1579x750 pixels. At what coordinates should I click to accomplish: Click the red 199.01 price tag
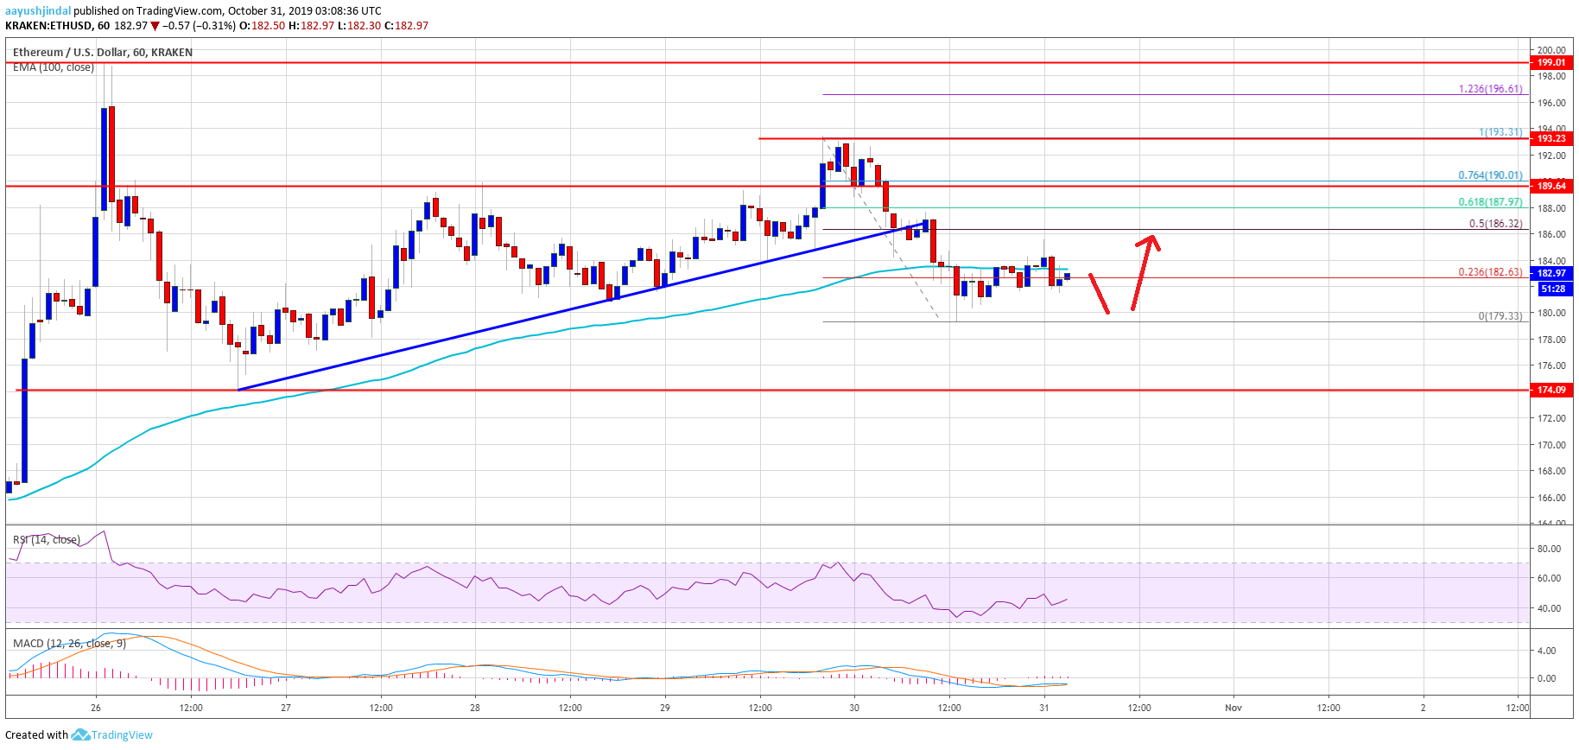pos(1550,62)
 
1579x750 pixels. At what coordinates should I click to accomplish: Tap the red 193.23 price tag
pos(1550,138)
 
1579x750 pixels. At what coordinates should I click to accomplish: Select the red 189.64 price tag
pos(1550,186)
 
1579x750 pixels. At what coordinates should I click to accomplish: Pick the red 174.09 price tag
pos(1550,390)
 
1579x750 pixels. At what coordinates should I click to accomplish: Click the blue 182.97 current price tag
pos(1550,273)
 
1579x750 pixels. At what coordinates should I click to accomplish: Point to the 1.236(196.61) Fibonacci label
pos(1490,89)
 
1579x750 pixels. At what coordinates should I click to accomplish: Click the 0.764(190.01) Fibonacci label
pos(1490,175)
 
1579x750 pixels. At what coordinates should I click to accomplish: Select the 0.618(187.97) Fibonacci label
pos(1490,202)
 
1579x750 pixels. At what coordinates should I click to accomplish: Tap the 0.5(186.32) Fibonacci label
pos(1495,224)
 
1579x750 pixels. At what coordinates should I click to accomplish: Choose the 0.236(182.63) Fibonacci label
pos(1490,272)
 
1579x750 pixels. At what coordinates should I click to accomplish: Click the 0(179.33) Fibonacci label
pos(1500,316)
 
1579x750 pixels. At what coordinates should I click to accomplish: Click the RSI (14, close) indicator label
pos(47,540)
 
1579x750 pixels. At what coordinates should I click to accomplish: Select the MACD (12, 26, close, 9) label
pos(69,644)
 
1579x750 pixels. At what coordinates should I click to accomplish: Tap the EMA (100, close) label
pos(54,67)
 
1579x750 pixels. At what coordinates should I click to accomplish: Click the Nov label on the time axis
pos(1233,708)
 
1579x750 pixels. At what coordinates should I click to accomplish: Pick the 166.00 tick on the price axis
pos(1550,498)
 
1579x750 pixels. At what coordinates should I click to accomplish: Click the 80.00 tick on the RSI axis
pos(1548,549)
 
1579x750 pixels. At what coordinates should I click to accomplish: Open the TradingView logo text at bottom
pos(122,735)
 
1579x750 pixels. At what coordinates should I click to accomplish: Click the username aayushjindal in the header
pos(38,11)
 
